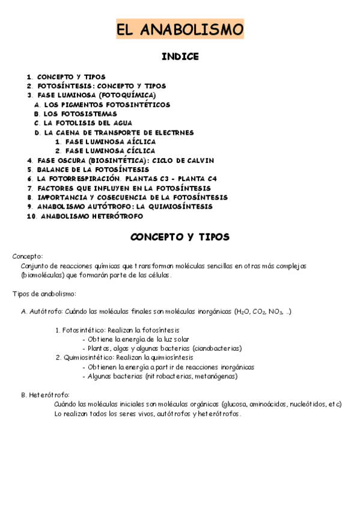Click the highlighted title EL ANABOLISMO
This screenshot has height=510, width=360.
pos(180,29)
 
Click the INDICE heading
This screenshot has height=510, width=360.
pos(180,57)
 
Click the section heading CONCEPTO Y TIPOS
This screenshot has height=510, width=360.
pos(180,237)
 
